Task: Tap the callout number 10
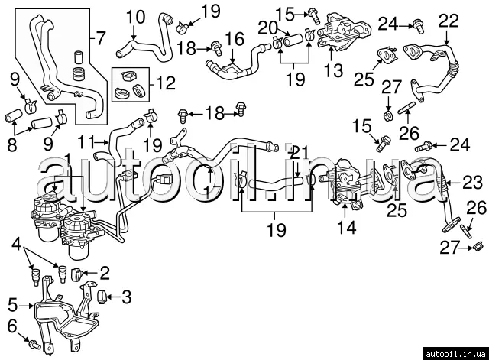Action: pyautogui.click(x=134, y=15)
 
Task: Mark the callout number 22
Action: pyautogui.click(x=449, y=19)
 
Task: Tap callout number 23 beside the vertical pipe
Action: pyautogui.click(x=471, y=182)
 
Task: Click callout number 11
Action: pyautogui.click(x=89, y=141)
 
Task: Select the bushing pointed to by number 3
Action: pyautogui.click(x=102, y=295)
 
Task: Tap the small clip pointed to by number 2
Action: pyautogui.click(x=77, y=273)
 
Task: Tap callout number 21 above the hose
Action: pyautogui.click(x=299, y=152)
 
